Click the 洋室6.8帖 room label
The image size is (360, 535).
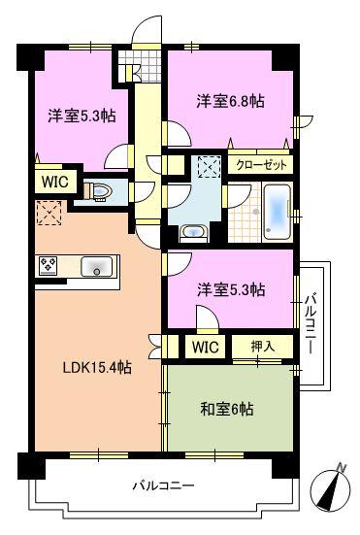coord(230,101)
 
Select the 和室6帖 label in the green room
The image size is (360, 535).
coord(226,409)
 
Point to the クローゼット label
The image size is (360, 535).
coord(260,164)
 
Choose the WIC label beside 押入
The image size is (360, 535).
coord(205,347)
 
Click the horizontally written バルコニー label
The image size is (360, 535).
coord(164,485)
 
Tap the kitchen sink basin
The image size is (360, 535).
coord(98,265)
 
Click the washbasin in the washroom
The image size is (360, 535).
coord(191,233)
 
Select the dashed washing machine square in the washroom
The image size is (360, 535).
coord(208,167)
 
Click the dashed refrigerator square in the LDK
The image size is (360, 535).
coord(48,212)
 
